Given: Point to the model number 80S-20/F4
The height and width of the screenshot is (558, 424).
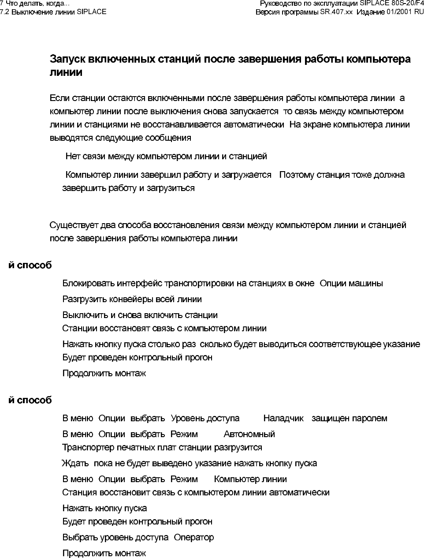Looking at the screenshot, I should click(x=407, y=4).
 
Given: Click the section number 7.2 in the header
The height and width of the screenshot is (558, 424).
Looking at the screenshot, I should click(x=5, y=11).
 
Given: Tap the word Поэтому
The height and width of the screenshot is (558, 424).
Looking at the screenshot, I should click(x=300, y=175).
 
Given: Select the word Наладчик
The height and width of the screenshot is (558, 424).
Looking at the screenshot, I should click(x=283, y=418).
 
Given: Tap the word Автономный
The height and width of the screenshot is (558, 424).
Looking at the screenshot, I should click(x=249, y=434).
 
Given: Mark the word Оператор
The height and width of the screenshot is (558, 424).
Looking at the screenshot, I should click(x=193, y=537).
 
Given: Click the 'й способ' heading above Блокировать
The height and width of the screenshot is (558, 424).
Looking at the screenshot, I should click(x=30, y=265).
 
